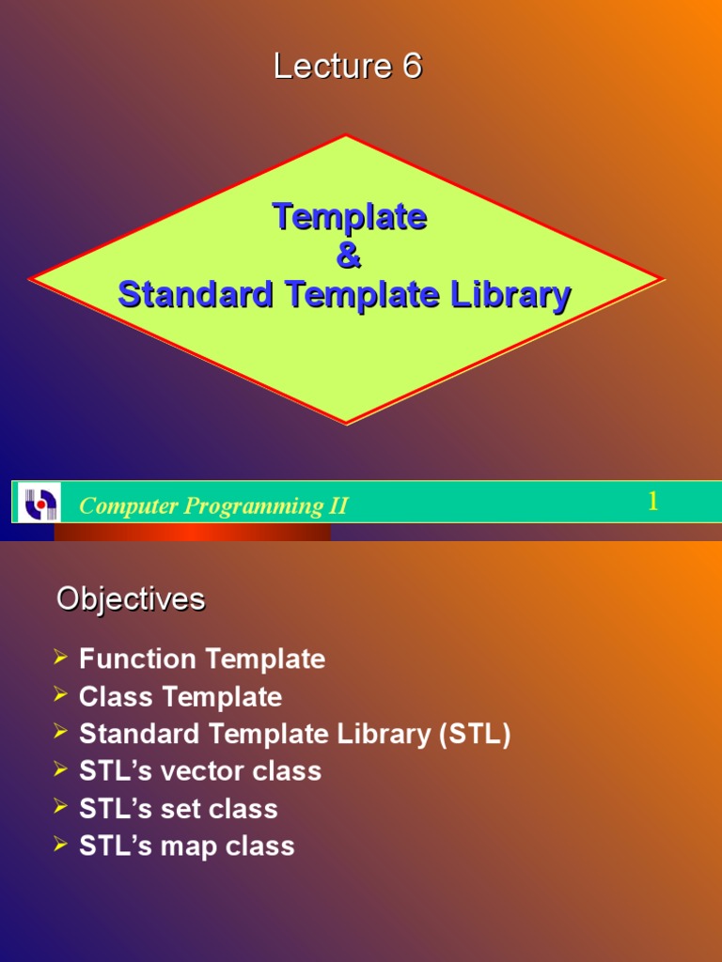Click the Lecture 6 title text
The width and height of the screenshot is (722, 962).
348,67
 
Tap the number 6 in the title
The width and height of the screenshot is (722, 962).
412,67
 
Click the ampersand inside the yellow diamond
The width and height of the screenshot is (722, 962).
348,256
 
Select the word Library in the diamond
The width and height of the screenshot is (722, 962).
514,295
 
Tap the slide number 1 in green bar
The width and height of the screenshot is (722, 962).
652,502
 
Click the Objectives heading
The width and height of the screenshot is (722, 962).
131,599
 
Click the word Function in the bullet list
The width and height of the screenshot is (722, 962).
137,659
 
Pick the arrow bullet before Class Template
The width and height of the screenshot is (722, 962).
61,695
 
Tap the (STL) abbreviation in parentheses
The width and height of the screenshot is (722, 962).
474,735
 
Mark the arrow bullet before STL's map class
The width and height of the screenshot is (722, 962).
61,845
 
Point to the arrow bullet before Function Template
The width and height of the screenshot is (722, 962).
61,658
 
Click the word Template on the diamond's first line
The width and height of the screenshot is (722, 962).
349,217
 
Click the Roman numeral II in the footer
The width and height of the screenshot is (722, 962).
337,505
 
